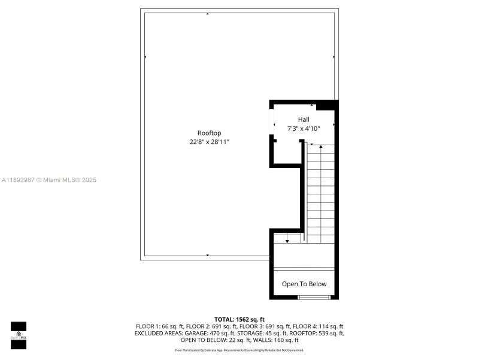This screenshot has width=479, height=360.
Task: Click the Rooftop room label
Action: [209, 133]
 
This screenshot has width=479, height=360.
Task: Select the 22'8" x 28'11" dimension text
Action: [209, 142]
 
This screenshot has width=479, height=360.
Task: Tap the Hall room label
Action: [304, 119]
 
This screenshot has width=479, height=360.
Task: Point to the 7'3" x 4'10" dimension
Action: [304, 128]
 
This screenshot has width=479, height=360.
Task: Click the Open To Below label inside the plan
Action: [304, 284]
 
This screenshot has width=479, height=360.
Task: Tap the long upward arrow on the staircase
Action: [322, 192]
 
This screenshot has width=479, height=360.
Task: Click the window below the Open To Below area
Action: [314, 297]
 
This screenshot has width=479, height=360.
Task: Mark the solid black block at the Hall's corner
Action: [326, 106]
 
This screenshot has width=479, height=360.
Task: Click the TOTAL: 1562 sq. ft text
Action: [239, 319]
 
